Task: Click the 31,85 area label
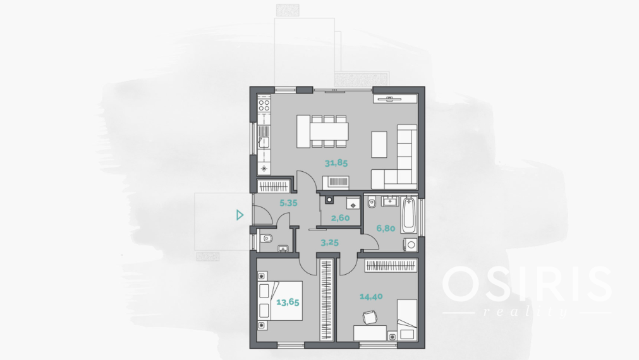point(336,164)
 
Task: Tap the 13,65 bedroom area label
point(288,302)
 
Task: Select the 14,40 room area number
point(371,296)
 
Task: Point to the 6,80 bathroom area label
point(386,229)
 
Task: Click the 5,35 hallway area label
point(288,203)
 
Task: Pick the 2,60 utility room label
point(340,218)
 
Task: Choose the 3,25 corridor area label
point(330,243)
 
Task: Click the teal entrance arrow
point(240,215)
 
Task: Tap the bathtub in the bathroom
point(409,215)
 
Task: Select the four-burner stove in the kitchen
point(264,104)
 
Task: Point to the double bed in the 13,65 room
point(281,301)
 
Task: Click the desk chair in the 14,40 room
point(369,317)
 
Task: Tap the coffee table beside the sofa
point(379,145)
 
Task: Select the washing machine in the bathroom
point(411,245)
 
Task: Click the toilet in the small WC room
point(267,238)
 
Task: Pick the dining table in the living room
point(329,131)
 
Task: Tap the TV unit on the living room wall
point(395,99)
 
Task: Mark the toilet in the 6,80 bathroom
point(371,201)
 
